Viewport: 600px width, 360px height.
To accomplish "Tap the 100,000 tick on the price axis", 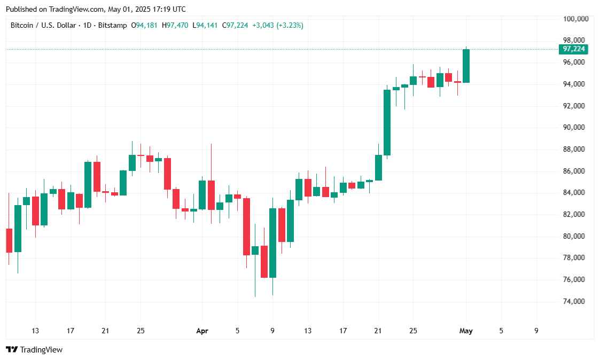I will [576, 19].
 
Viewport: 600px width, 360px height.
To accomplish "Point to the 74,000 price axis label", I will [576, 301].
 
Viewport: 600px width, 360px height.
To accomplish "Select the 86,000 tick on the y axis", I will [576, 171].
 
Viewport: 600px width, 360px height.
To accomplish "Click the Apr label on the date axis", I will [202, 331].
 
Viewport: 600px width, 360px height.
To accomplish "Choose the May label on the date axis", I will [466, 331].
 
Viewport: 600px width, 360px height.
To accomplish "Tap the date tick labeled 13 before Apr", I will [35, 331].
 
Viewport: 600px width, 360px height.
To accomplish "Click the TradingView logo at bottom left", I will [34, 349].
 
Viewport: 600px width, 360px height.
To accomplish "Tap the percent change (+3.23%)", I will [290, 25].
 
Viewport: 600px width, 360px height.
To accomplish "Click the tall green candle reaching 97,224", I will [466, 66].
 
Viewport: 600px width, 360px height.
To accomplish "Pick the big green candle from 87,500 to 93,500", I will [387, 122].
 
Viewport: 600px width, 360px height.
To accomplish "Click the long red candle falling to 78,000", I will [246, 226].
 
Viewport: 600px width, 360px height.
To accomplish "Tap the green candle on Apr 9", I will [272, 242].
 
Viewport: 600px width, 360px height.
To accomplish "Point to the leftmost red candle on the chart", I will [9, 240].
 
